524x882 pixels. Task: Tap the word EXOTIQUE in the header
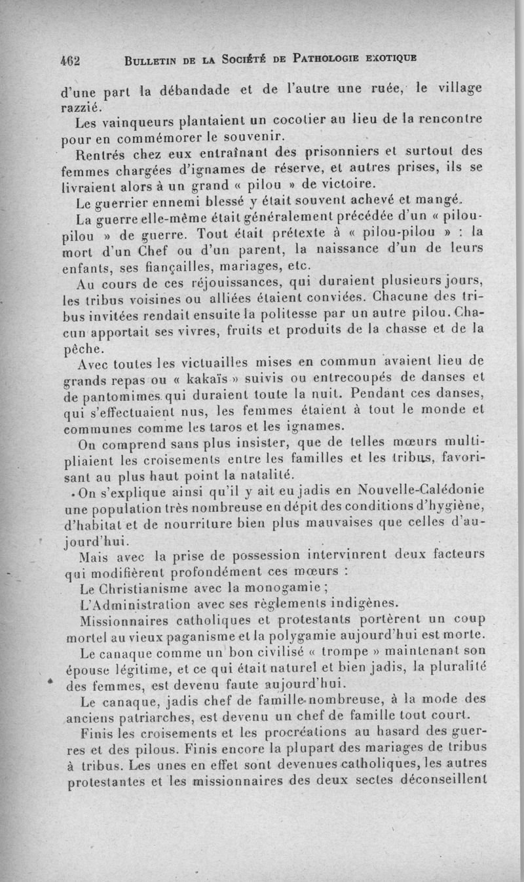390,61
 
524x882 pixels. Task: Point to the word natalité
243,473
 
